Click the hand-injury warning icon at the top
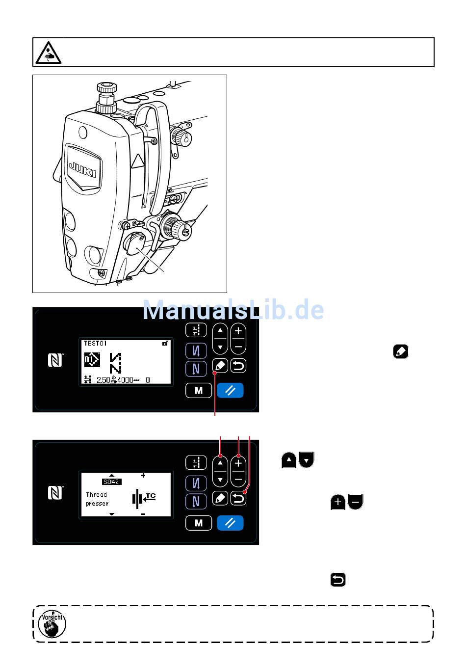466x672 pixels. pos(48,53)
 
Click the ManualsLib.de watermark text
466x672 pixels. pos(233,310)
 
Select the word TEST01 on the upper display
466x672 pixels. pos(95,344)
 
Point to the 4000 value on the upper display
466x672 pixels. pos(125,380)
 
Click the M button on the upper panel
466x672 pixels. pos(199,391)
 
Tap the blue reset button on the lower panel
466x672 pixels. pos(230,523)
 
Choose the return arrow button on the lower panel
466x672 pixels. pos(238,499)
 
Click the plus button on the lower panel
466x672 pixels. pos(238,463)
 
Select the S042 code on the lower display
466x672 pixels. pos(112,482)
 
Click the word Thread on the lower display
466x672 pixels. pos(97,495)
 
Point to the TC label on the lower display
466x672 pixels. pos(151,496)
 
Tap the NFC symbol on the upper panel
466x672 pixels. pos(55,361)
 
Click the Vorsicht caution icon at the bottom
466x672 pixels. pos(52,624)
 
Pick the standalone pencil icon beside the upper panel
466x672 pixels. pos(401,351)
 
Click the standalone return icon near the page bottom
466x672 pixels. pos(338,580)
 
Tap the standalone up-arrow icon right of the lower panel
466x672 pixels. pos(289,460)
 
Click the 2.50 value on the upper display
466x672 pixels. pos(103,380)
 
